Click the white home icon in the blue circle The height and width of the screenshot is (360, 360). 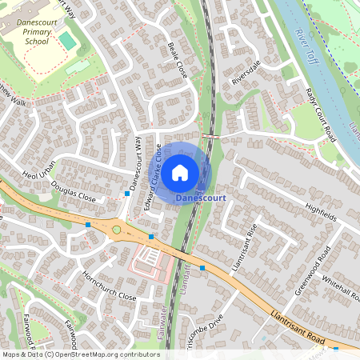coord(180,170)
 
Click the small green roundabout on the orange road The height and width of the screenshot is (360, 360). coord(118,230)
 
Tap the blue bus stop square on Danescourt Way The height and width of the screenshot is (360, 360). coord(127,194)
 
